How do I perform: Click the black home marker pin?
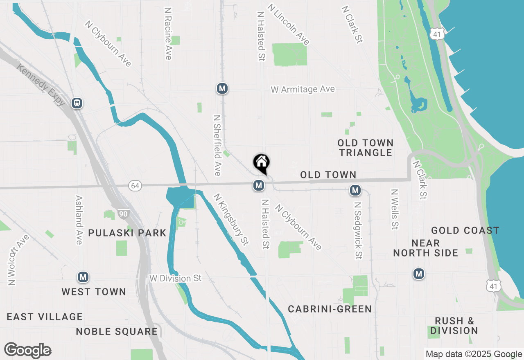click(x=261, y=164)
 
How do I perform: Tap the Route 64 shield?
click(x=135, y=186)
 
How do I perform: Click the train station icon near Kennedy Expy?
click(x=77, y=103)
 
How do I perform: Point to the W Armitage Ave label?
click(x=303, y=89)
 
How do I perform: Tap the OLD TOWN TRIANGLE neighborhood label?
click(x=366, y=148)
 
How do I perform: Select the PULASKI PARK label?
click(x=127, y=233)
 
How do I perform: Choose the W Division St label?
click(x=176, y=278)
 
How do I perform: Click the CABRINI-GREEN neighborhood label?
click(x=330, y=309)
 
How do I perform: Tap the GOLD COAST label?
click(x=465, y=230)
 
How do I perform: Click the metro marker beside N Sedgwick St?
click(x=355, y=190)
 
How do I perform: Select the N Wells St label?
click(x=394, y=209)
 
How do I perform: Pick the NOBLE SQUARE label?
click(x=117, y=331)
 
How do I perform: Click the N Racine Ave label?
click(x=167, y=33)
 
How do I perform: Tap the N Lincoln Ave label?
click(x=288, y=25)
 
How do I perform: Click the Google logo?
click(x=27, y=350)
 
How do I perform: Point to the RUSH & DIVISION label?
click(x=454, y=326)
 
